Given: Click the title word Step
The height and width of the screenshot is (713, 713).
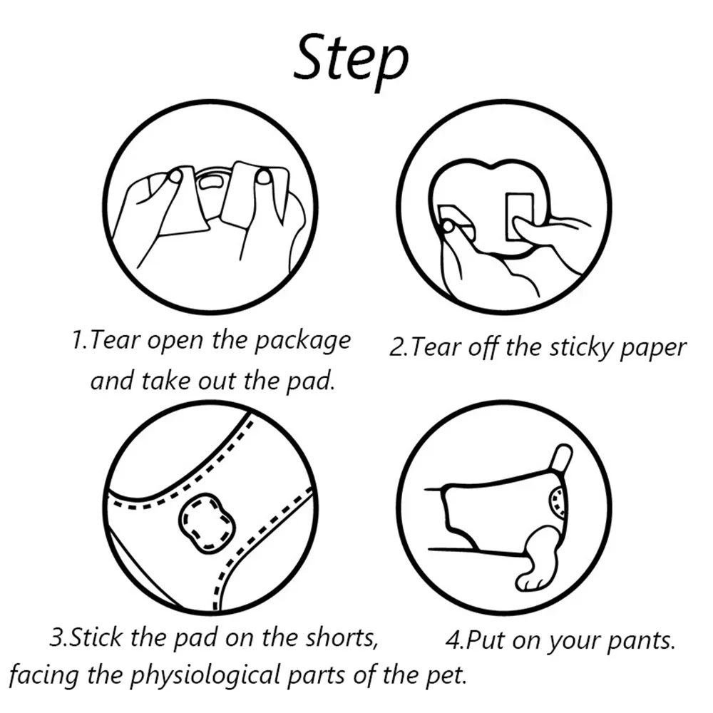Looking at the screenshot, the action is pos(351,61).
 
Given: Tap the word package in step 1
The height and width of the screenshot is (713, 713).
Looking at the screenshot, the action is pos(302,341).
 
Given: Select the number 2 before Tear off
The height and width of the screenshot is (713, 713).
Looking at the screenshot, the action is pos(396,348).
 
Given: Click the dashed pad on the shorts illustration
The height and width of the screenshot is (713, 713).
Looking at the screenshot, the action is pos(207,523).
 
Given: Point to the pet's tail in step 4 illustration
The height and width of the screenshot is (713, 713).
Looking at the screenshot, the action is pos(562,458).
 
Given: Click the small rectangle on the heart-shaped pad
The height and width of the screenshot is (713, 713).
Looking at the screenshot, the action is pos(519,215).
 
